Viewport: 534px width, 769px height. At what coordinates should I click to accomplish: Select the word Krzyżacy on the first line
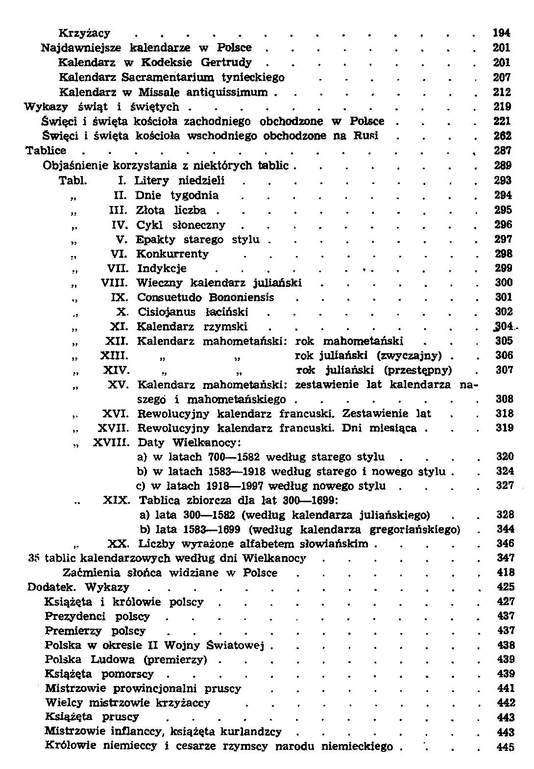pos(84,33)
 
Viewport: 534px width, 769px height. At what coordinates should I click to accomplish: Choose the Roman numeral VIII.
pos(115,283)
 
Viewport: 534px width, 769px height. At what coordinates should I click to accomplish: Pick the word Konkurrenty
pos(172,254)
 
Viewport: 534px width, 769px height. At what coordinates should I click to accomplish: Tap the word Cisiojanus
pos(166,312)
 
